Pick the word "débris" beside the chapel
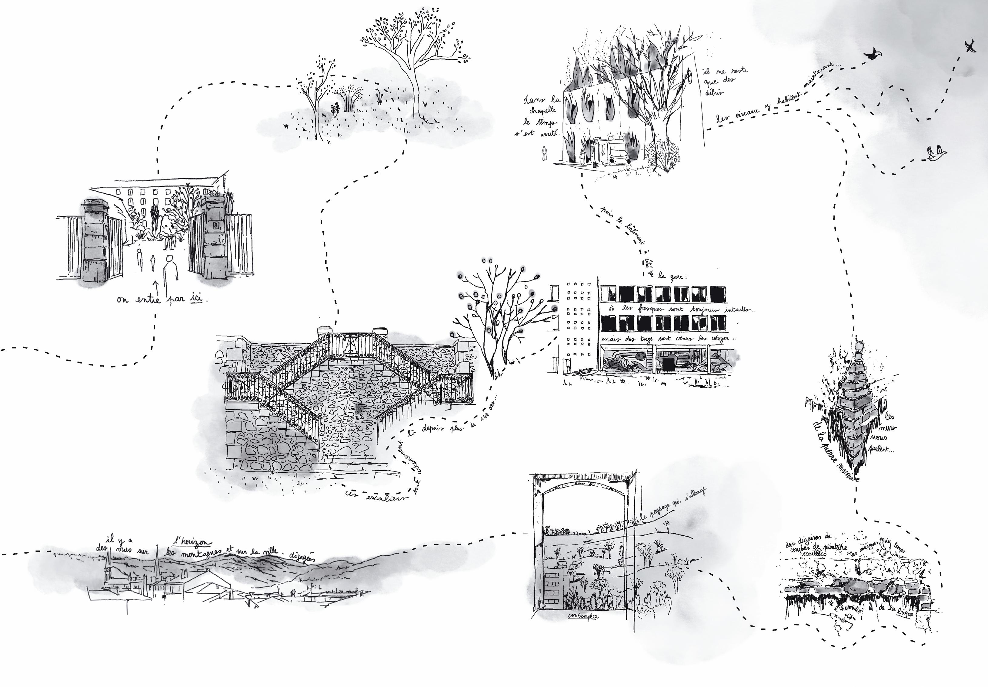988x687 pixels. click(x=713, y=92)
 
